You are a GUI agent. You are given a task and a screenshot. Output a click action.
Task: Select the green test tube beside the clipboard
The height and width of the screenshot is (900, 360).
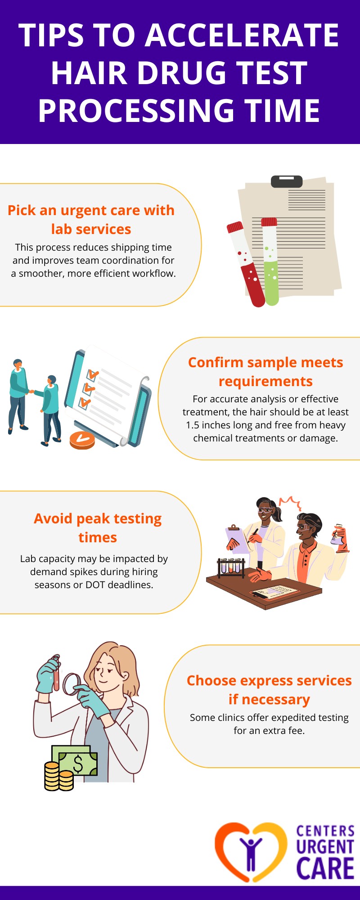point(270,265)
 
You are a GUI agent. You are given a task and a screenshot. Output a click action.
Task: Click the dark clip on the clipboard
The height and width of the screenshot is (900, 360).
point(286,181)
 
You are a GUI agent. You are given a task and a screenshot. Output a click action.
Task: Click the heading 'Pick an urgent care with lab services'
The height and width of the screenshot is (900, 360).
point(91,220)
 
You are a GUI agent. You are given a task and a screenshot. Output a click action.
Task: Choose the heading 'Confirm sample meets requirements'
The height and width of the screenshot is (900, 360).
point(265,372)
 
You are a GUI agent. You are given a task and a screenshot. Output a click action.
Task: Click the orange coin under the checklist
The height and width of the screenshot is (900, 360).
point(82,440)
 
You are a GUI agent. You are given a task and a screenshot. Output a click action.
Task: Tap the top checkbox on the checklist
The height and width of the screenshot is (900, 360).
point(92,375)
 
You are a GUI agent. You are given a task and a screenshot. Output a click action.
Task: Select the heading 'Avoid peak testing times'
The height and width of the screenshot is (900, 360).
point(98,528)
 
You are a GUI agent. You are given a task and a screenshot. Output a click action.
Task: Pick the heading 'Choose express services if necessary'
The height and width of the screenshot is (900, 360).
point(269,690)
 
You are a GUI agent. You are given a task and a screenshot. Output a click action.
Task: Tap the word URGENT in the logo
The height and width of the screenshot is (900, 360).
point(325,847)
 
